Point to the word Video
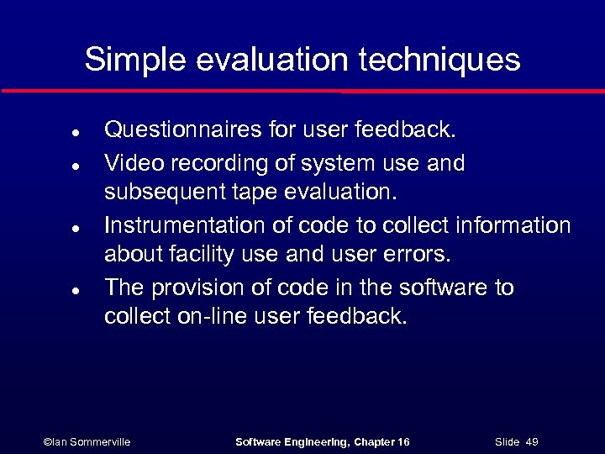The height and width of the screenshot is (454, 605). point(129,162)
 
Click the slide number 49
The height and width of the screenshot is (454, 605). point(531,441)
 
